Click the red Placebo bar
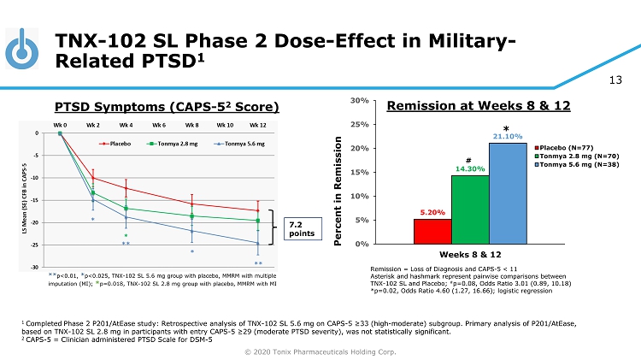click(432, 231)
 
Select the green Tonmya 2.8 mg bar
click(470, 210)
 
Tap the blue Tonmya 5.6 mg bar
click(508, 193)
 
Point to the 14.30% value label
click(469, 169)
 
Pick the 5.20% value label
click(432, 212)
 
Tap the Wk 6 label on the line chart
click(159, 124)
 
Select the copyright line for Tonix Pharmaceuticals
click(320, 351)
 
